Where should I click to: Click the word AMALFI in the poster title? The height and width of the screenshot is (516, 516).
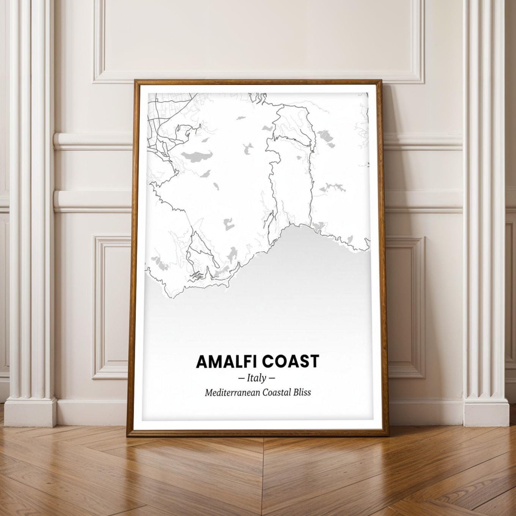coord(227,362)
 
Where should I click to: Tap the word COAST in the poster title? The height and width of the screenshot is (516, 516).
coord(290,362)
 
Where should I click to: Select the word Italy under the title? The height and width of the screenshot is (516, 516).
coord(256,378)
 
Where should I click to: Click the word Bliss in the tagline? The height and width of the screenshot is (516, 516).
coord(302,393)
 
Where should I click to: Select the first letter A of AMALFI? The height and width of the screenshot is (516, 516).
coord(202,362)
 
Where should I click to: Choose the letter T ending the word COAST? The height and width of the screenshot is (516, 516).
coord(314,362)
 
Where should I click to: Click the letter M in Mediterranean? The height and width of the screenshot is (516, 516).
coord(208,393)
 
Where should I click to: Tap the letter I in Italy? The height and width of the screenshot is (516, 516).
coord(249,378)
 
